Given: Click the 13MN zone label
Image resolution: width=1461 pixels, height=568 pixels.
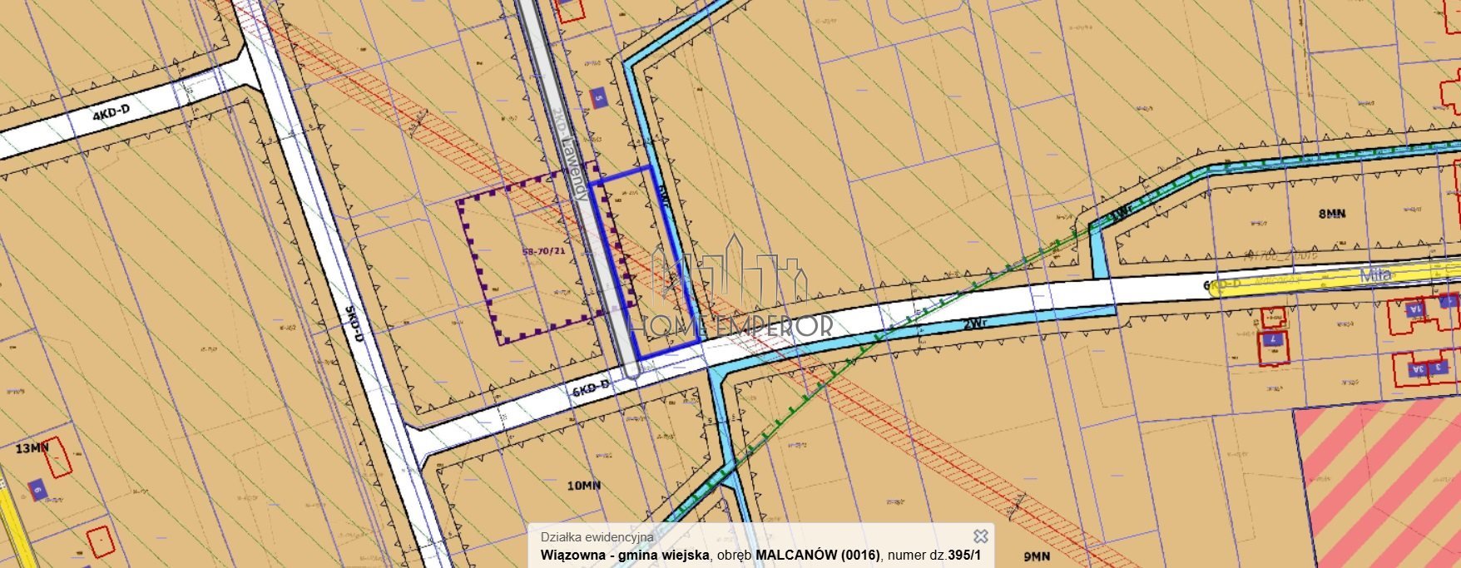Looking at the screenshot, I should (x=32, y=448).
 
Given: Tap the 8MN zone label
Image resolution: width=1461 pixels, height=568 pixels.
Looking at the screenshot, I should (x=1331, y=214).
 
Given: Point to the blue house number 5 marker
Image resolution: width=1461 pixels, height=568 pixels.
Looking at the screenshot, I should (x=598, y=97).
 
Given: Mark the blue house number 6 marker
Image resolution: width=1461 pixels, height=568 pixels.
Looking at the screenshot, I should (x=37, y=490).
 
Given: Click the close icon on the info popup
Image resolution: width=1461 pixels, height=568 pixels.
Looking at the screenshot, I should (x=981, y=536).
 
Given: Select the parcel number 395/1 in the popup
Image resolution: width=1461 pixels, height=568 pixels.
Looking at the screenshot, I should (x=965, y=555).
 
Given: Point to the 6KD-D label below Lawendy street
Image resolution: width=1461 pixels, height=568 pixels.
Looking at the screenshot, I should (x=591, y=387).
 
